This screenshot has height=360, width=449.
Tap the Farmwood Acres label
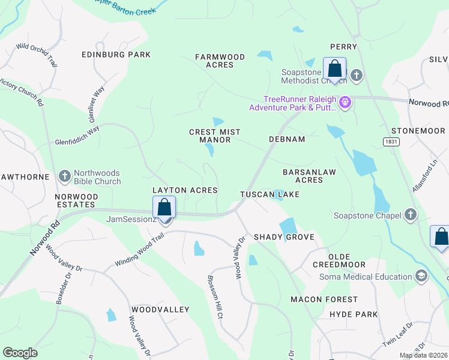tap(220, 61)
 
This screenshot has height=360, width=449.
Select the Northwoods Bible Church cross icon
tap(65, 176)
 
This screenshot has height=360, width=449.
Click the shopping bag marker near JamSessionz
tap(164, 207)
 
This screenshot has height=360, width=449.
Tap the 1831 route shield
tap(391, 140)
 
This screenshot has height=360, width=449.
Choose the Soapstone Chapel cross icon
tap(411, 215)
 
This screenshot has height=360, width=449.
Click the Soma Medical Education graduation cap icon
tap(421, 276)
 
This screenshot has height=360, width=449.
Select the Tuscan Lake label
tap(270, 194)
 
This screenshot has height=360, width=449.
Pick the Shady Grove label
tap(284, 237)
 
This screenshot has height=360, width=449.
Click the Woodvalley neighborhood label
tap(160, 310)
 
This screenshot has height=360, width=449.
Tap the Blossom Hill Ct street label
tap(215, 296)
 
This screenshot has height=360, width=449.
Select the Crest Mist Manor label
tap(214, 136)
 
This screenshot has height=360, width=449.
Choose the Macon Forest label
tap(324, 299)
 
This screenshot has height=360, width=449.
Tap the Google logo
tap(20, 353)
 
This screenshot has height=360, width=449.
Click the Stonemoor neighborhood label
tap(418, 131)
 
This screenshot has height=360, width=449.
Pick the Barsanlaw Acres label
tap(309, 176)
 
